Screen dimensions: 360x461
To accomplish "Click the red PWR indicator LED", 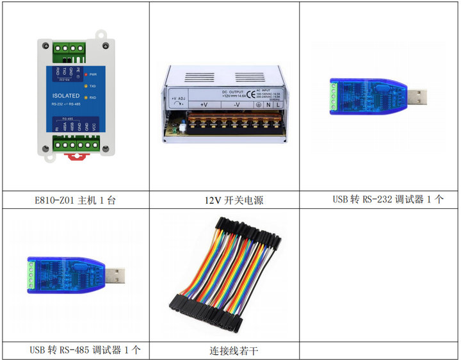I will pyautogui.click(x=84, y=74).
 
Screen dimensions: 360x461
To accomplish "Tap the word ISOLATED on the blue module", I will pyautogui.click(x=66, y=95).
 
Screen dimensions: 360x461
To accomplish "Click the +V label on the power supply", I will pyautogui.click(x=203, y=104).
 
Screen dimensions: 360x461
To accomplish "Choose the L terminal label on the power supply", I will pyautogui.click(x=280, y=104).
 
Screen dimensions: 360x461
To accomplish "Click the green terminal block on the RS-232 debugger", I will pyautogui.click(x=334, y=97).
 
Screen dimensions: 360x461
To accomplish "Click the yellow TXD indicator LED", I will pyautogui.click(x=84, y=86).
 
